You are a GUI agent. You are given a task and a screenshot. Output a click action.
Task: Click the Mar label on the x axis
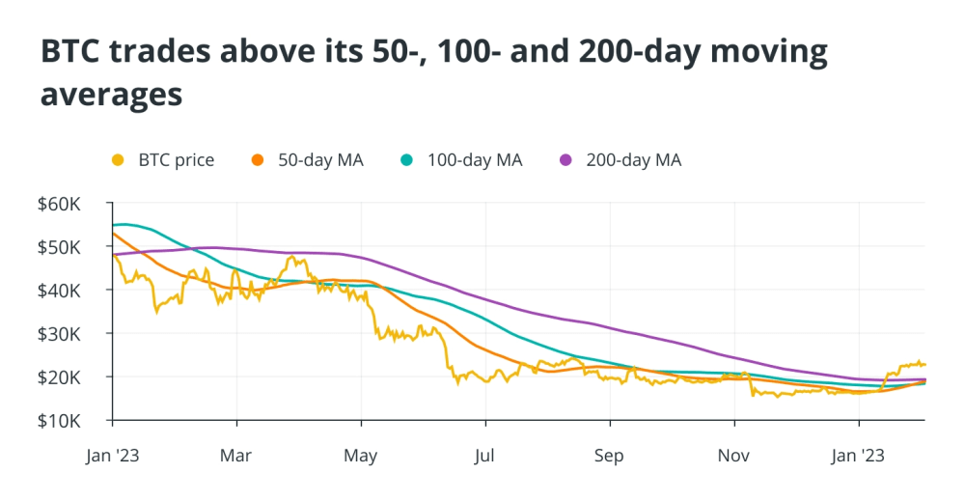pyautogui.click(x=236, y=455)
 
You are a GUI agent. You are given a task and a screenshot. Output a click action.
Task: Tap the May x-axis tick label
pyautogui.click(x=360, y=455)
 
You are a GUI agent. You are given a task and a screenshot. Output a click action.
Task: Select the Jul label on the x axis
pyautogui.click(x=485, y=455)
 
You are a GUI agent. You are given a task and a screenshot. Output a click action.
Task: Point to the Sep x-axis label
pyautogui.click(x=609, y=455)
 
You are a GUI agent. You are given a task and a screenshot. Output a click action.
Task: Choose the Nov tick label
pyautogui.click(x=734, y=455)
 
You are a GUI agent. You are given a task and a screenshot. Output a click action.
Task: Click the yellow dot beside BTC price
pyautogui.click(x=119, y=160)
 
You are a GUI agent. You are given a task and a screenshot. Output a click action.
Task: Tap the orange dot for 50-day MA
pyautogui.click(x=258, y=160)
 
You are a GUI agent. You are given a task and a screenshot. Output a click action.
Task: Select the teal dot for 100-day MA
pyautogui.click(x=408, y=160)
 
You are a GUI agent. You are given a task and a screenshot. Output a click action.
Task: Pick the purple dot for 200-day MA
pyautogui.click(x=566, y=160)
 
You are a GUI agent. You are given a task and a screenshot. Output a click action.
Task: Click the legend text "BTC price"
pyautogui.click(x=177, y=160)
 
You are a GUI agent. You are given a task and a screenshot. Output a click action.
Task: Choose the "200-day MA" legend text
pyautogui.click(x=633, y=160)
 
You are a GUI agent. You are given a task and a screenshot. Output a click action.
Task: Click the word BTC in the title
pyautogui.click(x=71, y=52)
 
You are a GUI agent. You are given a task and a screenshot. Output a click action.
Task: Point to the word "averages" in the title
pyautogui.click(x=112, y=96)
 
